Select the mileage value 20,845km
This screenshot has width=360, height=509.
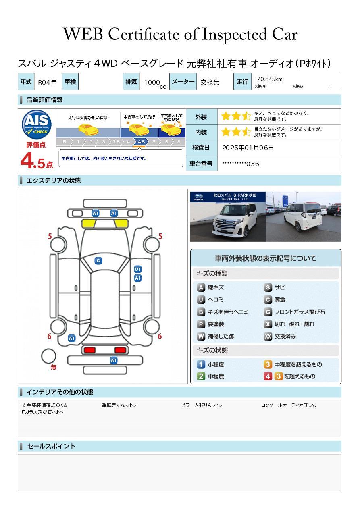(269, 79)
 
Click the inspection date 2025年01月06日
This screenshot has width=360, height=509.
(248, 148)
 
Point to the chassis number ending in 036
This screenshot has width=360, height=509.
(240, 164)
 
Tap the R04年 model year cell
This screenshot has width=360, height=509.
(47, 82)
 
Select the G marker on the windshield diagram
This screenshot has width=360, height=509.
(98, 261)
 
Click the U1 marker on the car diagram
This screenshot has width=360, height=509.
(137, 269)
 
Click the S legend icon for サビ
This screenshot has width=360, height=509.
(268, 287)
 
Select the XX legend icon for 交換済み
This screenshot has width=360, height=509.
(268, 336)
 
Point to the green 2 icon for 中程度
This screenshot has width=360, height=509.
(201, 376)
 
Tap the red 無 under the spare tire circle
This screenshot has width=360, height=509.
(54, 367)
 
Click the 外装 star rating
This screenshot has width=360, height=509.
(236, 117)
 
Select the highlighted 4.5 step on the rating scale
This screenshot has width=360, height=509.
(141, 142)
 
